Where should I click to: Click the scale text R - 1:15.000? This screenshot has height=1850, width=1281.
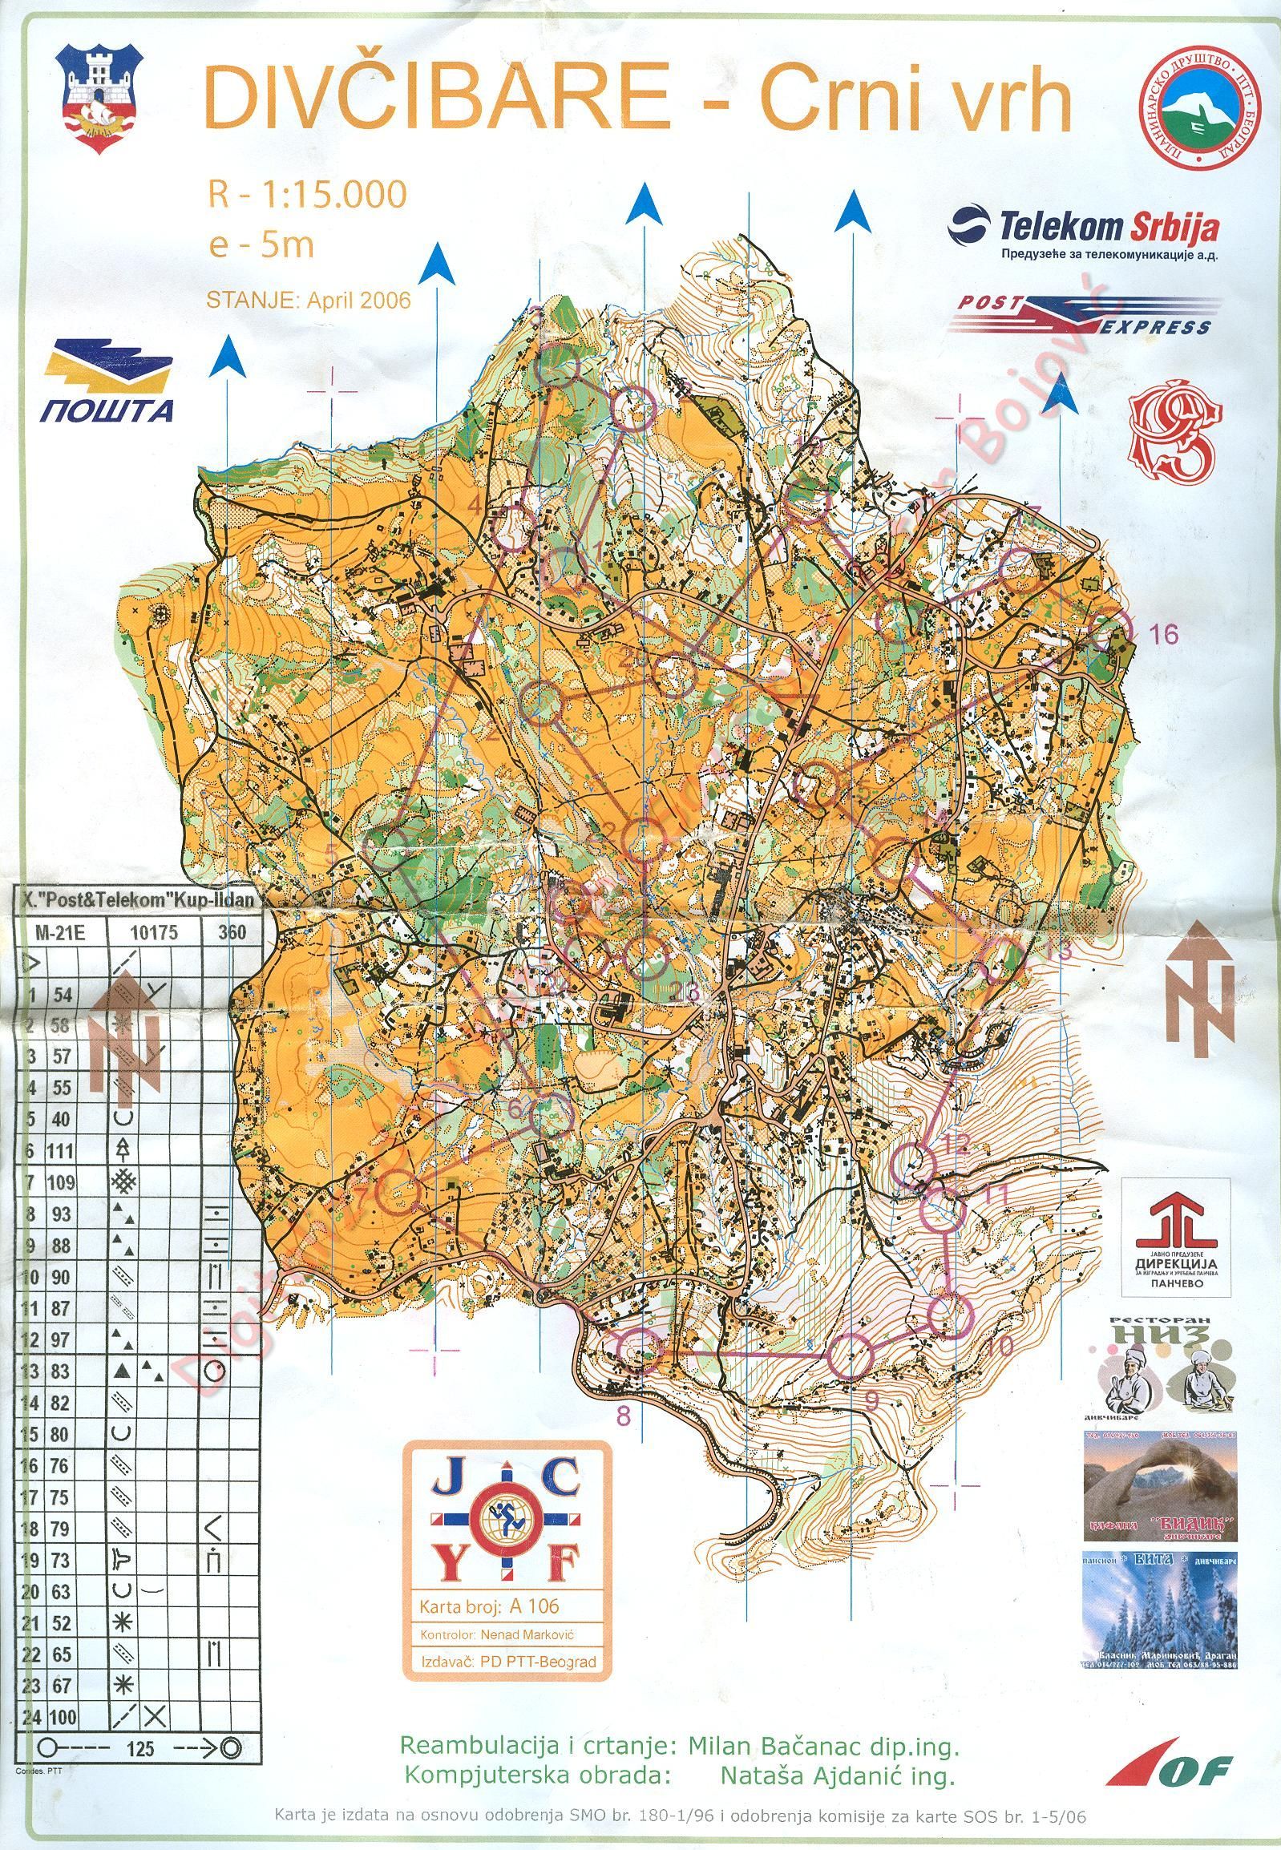coord(307,194)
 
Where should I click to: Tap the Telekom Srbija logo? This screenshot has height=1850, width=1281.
coord(1084,231)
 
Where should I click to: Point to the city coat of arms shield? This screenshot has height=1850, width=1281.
coord(99,89)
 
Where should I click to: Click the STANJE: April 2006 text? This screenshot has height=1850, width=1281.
coord(308,300)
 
